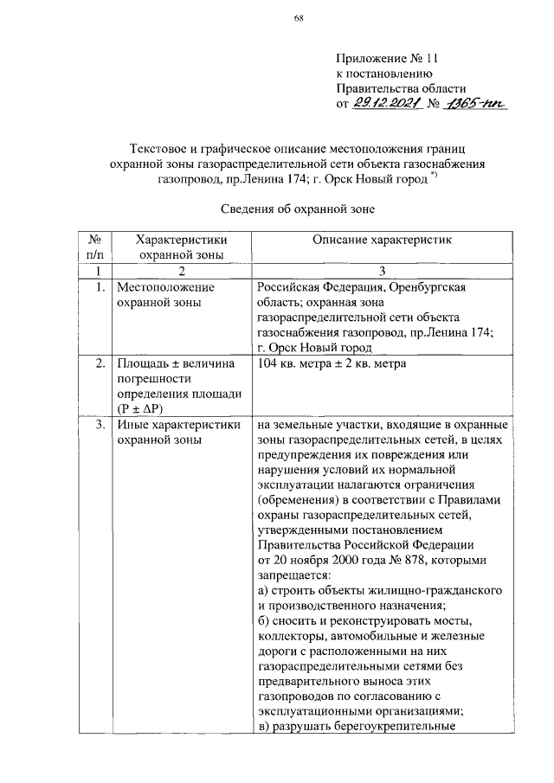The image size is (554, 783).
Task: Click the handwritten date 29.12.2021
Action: pyautogui.click(x=385, y=104)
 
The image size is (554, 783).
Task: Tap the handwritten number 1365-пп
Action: pyautogui.click(x=476, y=104)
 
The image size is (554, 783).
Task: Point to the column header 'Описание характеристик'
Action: pyautogui.click(x=382, y=239)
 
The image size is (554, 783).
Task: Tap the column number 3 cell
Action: pyautogui.click(x=382, y=271)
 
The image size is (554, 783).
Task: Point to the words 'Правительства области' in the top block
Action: pyautogui.click(x=401, y=89)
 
